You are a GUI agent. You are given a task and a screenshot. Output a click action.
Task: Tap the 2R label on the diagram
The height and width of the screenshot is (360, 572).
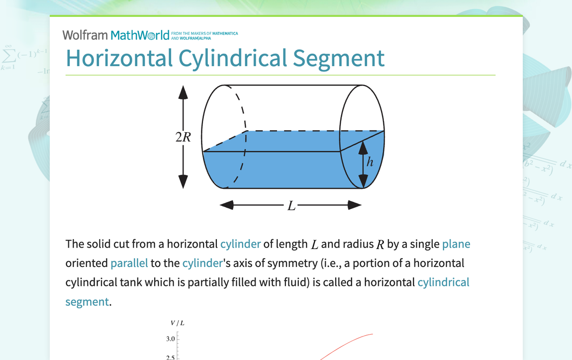[x=183, y=137]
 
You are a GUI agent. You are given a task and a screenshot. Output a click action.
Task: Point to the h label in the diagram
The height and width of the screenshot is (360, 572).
[x=370, y=162]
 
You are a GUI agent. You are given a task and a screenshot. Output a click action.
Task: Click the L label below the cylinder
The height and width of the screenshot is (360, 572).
[x=291, y=205]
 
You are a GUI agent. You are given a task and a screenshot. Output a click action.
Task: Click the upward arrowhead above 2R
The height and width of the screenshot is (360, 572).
[x=183, y=92]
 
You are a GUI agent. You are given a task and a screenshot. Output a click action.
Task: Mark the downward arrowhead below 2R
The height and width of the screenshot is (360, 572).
[x=183, y=181]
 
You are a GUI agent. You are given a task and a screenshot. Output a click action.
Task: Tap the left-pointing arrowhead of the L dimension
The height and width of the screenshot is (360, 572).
[x=227, y=205]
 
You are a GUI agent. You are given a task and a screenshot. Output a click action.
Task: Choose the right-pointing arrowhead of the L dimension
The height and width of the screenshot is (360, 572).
[x=354, y=205]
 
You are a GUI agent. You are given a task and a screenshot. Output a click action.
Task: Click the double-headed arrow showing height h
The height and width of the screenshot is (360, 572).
[x=364, y=164]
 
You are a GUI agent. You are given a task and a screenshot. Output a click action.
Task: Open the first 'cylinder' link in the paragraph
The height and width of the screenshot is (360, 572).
[x=240, y=244]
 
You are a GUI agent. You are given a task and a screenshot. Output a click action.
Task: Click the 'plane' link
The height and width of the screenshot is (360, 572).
[x=456, y=244]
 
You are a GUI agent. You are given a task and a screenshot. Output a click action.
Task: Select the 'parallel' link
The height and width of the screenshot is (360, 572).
[x=129, y=263]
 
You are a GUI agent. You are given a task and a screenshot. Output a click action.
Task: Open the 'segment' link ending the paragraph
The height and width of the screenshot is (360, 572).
[x=87, y=301]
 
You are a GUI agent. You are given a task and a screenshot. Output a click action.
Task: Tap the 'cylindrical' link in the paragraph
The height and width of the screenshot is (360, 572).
[x=443, y=282]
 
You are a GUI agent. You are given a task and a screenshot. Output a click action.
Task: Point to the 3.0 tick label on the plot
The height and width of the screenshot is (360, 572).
[x=171, y=339]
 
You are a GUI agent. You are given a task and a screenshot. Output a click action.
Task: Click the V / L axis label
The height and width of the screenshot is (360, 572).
[x=178, y=323]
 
